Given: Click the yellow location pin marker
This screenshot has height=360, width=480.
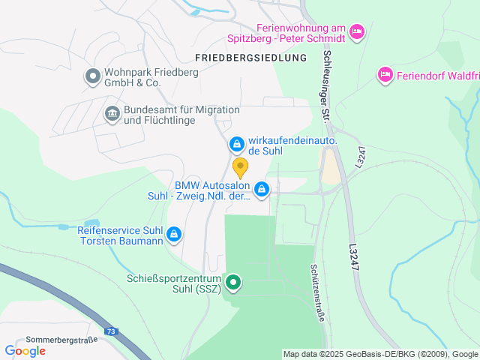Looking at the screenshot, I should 240,166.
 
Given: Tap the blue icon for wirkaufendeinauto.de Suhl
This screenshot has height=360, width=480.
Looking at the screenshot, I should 236,143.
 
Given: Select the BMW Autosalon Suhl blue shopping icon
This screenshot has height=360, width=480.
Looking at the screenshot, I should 262,190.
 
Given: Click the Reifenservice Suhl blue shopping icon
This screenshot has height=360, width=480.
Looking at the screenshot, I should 174,235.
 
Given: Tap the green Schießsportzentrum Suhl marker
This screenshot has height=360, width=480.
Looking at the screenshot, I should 234,283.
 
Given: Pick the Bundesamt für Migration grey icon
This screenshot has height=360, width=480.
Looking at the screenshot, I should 112,114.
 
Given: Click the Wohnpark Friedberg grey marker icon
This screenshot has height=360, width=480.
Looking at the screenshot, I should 92,76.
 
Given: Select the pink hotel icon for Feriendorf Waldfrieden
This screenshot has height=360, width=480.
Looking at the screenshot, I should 385,73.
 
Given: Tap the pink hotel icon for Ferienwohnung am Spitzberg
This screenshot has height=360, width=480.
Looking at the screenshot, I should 357,31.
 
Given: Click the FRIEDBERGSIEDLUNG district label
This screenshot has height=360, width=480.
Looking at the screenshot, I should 250,57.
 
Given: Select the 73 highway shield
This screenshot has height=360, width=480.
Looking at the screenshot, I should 111,331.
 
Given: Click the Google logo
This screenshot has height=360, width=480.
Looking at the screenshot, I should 25,350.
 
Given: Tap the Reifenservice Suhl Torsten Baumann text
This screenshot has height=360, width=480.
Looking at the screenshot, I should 120,235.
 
